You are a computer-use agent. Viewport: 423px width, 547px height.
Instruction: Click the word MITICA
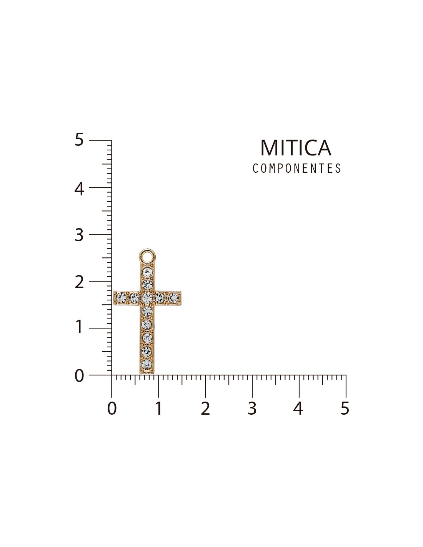pos(296,148)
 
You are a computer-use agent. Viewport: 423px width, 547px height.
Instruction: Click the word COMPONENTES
pos(297,168)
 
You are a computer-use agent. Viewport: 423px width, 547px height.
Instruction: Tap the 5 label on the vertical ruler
pos(79,139)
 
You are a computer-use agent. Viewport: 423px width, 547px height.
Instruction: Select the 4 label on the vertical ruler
pos(79,189)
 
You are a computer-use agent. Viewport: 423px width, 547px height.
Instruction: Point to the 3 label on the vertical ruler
pos(79,235)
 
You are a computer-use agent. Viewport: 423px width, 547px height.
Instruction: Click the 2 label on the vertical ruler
pos(79,282)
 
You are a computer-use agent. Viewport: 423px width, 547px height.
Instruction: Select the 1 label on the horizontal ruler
pos(158,408)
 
